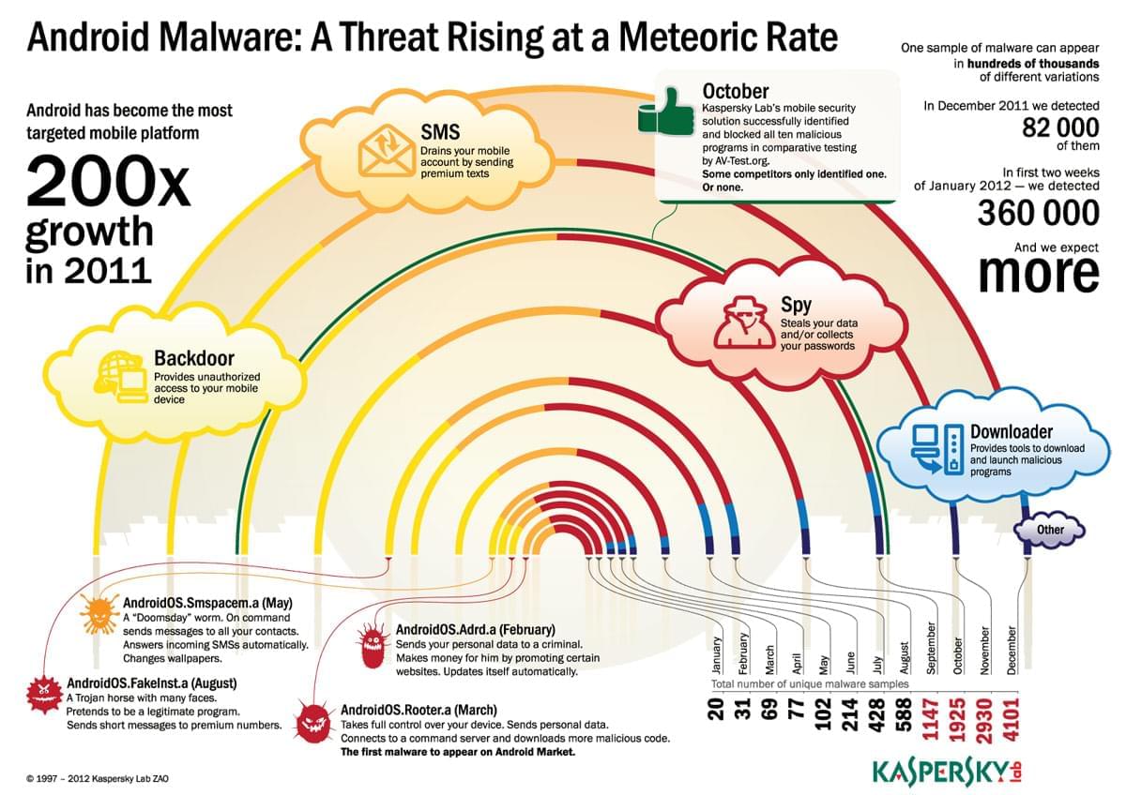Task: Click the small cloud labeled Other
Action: [1050, 530]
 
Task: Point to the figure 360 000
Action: [1038, 213]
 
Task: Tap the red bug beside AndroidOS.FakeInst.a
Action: [43, 693]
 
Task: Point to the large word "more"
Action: [1038, 273]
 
